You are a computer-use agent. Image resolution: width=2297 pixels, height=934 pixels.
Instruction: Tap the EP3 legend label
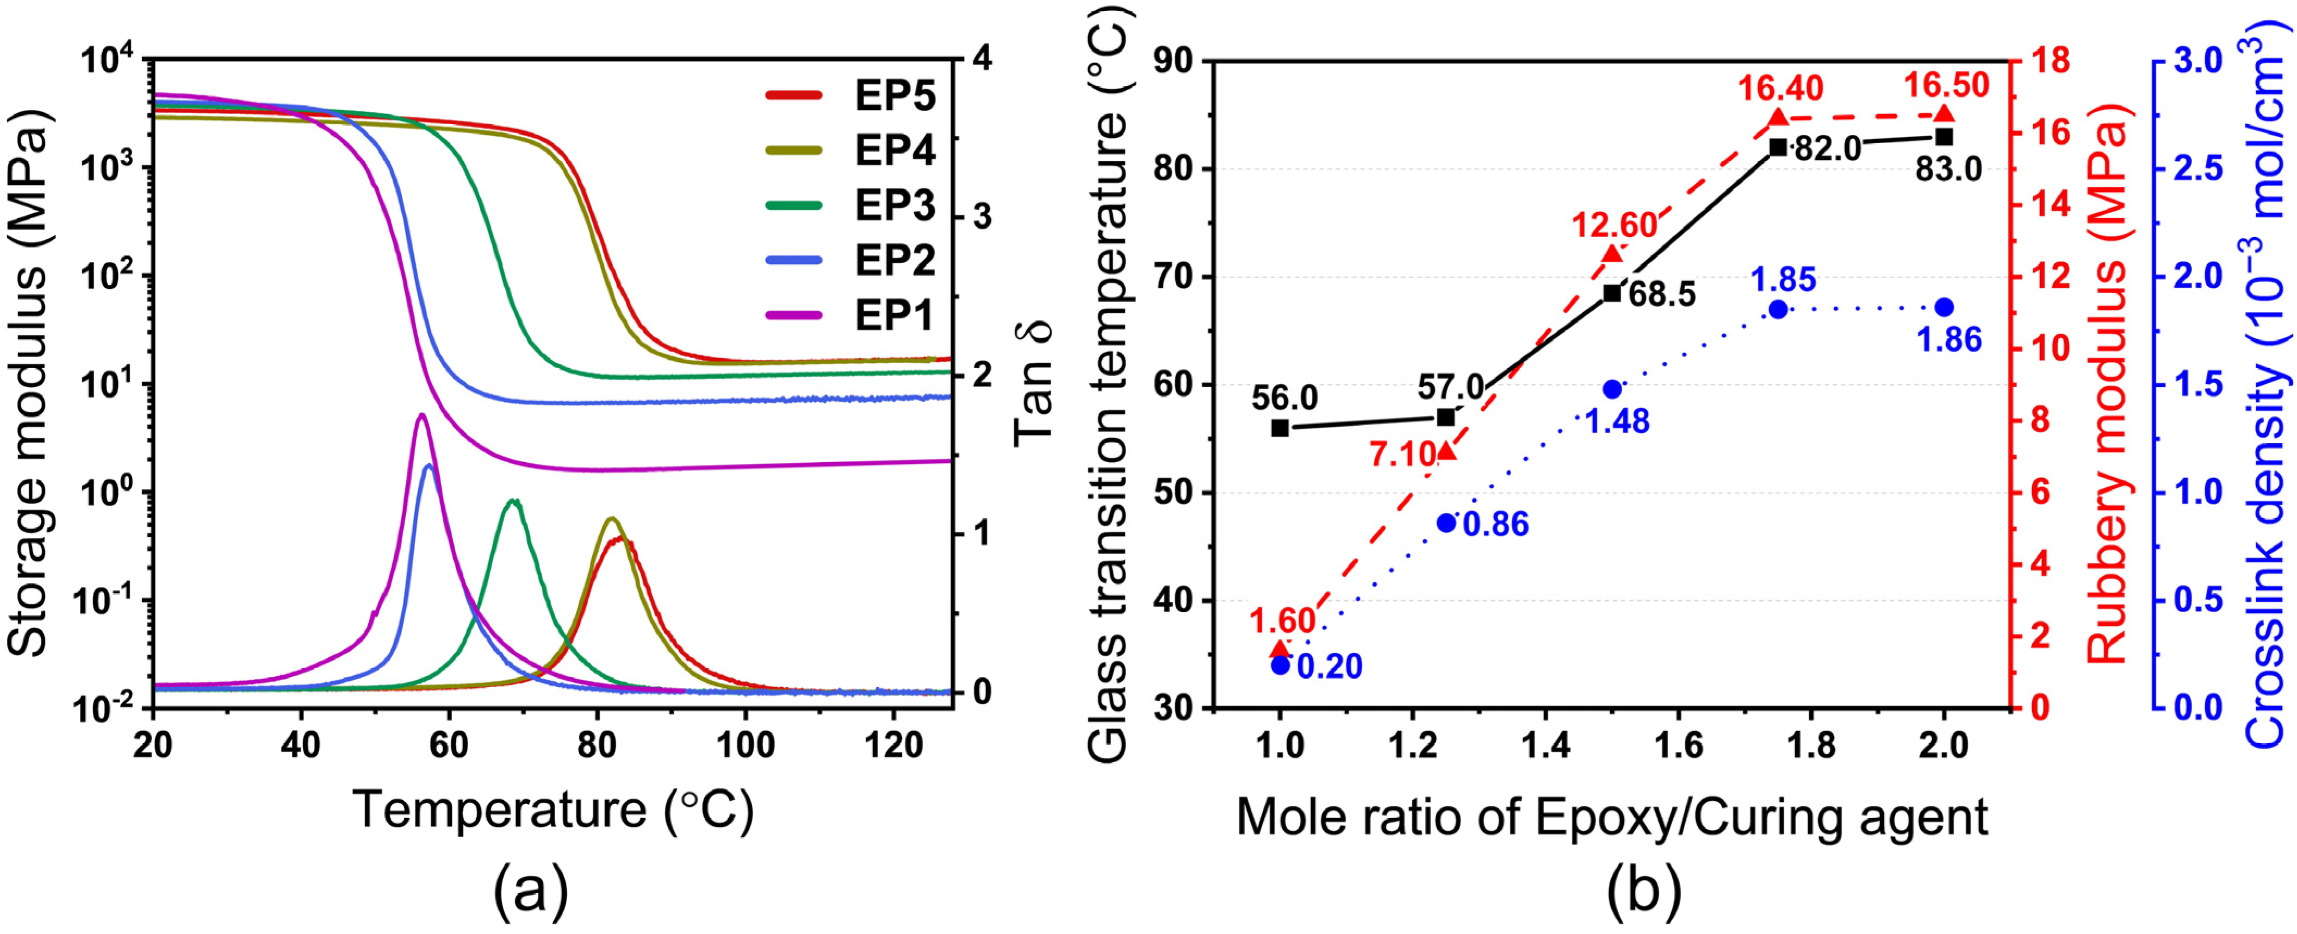pyautogui.click(x=895, y=205)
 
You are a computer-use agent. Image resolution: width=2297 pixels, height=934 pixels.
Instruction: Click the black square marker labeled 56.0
pyautogui.click(x=1280, y=428)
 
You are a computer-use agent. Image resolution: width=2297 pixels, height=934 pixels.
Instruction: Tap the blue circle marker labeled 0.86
pyautogui.click(x=1447, y=523)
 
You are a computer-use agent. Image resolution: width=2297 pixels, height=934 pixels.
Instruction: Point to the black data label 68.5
pyautogui.click(x=1662, y=294)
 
